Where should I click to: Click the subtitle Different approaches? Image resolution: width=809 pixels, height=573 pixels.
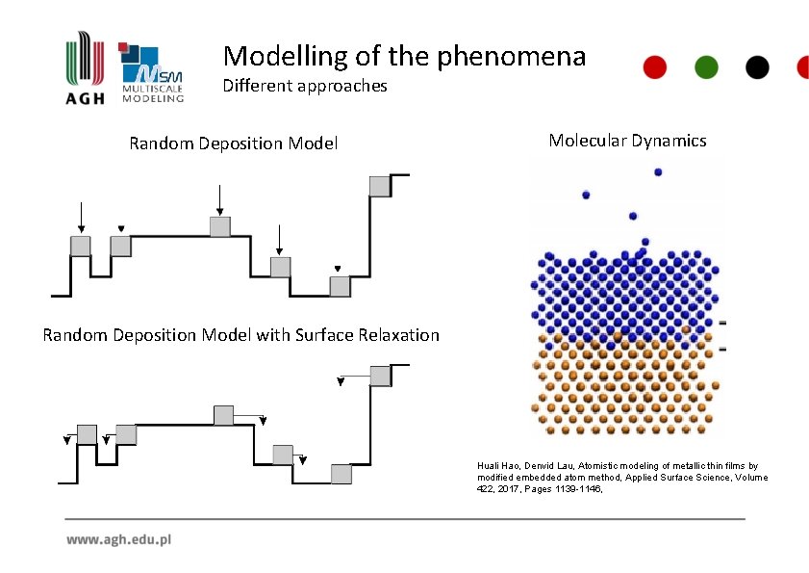305,86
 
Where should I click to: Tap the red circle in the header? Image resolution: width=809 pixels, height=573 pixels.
655,66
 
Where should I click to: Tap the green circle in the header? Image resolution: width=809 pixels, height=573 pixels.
707,66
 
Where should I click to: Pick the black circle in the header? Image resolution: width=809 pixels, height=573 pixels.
758,66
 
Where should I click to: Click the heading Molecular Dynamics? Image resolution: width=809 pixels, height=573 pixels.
627,141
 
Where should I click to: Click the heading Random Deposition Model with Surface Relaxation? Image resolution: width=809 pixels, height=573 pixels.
240,335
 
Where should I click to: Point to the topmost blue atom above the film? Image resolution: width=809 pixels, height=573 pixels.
658,172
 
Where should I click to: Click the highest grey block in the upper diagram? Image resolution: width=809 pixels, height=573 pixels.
380,186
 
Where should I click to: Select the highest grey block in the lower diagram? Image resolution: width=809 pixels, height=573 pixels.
380,376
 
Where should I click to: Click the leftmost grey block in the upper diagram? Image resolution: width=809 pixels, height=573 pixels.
81,246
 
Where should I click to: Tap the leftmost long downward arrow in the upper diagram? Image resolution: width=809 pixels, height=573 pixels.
81,217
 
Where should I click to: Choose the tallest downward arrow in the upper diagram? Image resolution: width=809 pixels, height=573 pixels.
220,199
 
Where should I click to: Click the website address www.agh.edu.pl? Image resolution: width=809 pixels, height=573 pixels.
118,540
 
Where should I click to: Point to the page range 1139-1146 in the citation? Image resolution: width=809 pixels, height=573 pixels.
578,488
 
